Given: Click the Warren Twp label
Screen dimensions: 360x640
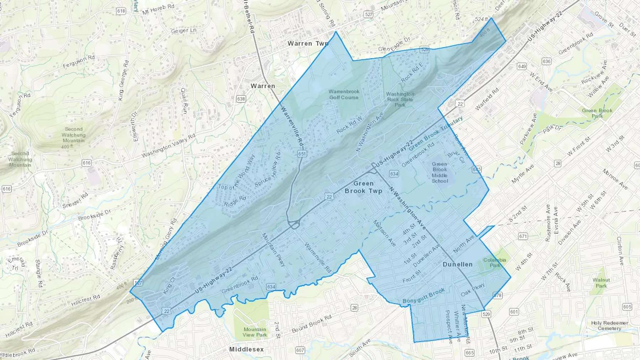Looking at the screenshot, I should coord(308,43).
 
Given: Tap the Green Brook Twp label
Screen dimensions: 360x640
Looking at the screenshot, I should coord(363,187).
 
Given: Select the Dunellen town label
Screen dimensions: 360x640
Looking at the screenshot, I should coord(457,264).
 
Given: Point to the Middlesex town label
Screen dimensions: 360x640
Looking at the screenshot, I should coord(246,349).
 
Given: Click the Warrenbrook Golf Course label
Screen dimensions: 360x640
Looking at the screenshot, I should coord(344,94).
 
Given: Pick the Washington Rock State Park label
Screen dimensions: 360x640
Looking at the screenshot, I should coord(400,100).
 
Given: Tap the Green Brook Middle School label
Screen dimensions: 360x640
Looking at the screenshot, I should coord(439,172).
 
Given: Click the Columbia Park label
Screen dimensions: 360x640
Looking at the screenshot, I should coord(495,263).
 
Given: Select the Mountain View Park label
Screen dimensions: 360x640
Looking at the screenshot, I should coord(255,332).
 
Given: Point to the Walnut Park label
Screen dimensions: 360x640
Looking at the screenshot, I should coord(601,283).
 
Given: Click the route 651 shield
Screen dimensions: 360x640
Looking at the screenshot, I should coord(302,154).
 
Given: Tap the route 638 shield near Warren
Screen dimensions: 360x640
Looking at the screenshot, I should coord(241,98).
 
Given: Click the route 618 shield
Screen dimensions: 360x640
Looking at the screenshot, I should coord(121,11).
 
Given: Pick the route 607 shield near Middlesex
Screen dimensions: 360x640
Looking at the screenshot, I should coord(300,350).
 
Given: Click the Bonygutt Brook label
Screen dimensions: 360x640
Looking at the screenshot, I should coord(423,296).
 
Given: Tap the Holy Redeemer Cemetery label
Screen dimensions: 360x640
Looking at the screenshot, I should coord(609,326).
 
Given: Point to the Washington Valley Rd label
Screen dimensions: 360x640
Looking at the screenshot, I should coord(169,146).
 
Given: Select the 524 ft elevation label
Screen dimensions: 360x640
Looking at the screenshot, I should coord(481,19).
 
